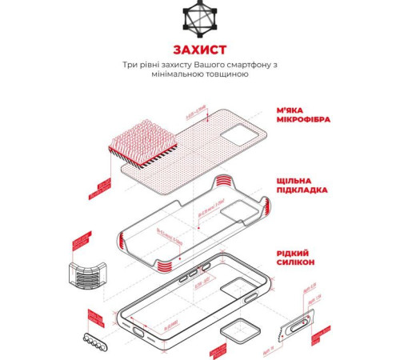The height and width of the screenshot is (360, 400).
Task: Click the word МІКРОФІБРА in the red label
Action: point(304,120)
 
